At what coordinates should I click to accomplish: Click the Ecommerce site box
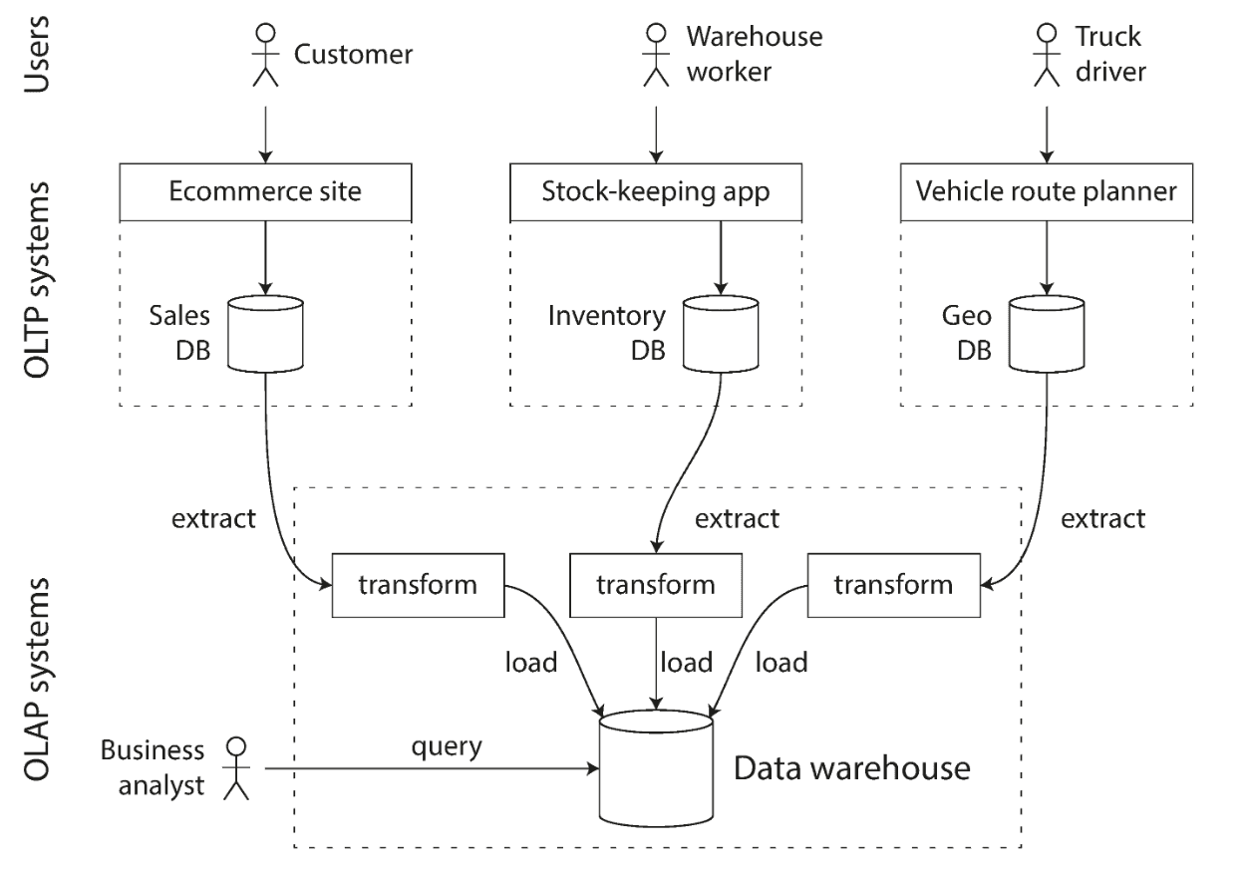[265, 192]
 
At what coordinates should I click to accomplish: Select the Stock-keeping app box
[655, 192]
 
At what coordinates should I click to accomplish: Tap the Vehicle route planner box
[1046, 192]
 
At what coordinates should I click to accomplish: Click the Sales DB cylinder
[265, 333]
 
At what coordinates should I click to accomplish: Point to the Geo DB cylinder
[1046, 333]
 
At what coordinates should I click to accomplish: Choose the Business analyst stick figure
[235, 768]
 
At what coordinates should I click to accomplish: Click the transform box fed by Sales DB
[419, 584]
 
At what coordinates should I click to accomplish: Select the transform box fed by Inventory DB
[655, 584]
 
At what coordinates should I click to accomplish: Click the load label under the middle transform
[687, 662]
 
